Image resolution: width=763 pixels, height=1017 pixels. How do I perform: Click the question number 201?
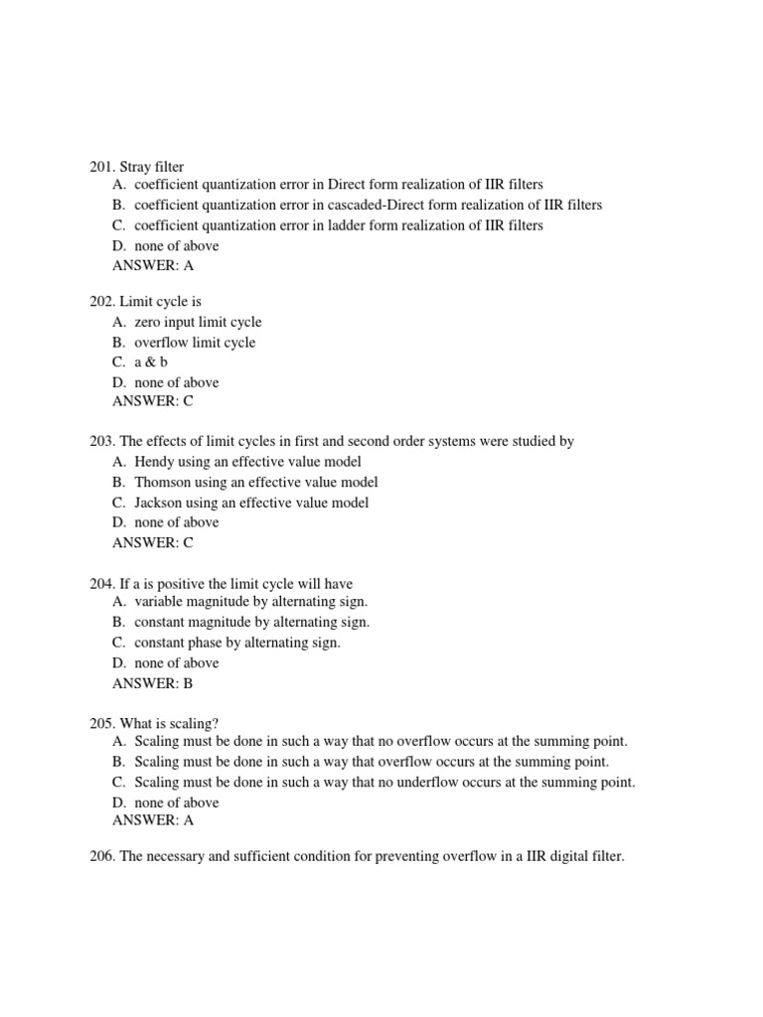click(101, 167)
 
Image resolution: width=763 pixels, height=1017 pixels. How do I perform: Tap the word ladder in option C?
click(365, 225)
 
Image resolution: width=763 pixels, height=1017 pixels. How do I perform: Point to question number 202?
click(101, 301)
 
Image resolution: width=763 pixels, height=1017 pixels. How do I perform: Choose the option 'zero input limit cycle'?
click(198, 322)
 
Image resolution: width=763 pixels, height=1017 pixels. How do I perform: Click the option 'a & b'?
click(151, 363)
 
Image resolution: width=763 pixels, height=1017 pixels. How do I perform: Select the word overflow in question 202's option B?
click(162, 343)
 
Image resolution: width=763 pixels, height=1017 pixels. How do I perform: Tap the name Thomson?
click(162, 482)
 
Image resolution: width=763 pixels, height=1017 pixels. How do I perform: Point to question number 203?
click(101, 441)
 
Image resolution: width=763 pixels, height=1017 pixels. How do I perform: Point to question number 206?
click(101, 856)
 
